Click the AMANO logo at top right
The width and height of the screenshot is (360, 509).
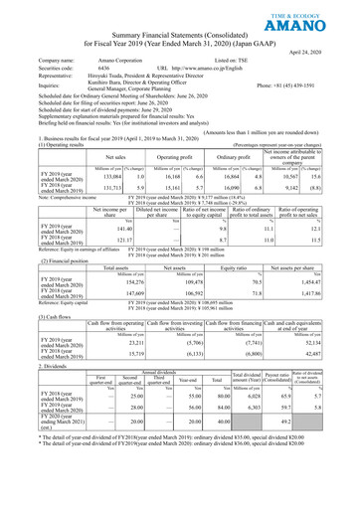[x=319, y=18]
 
